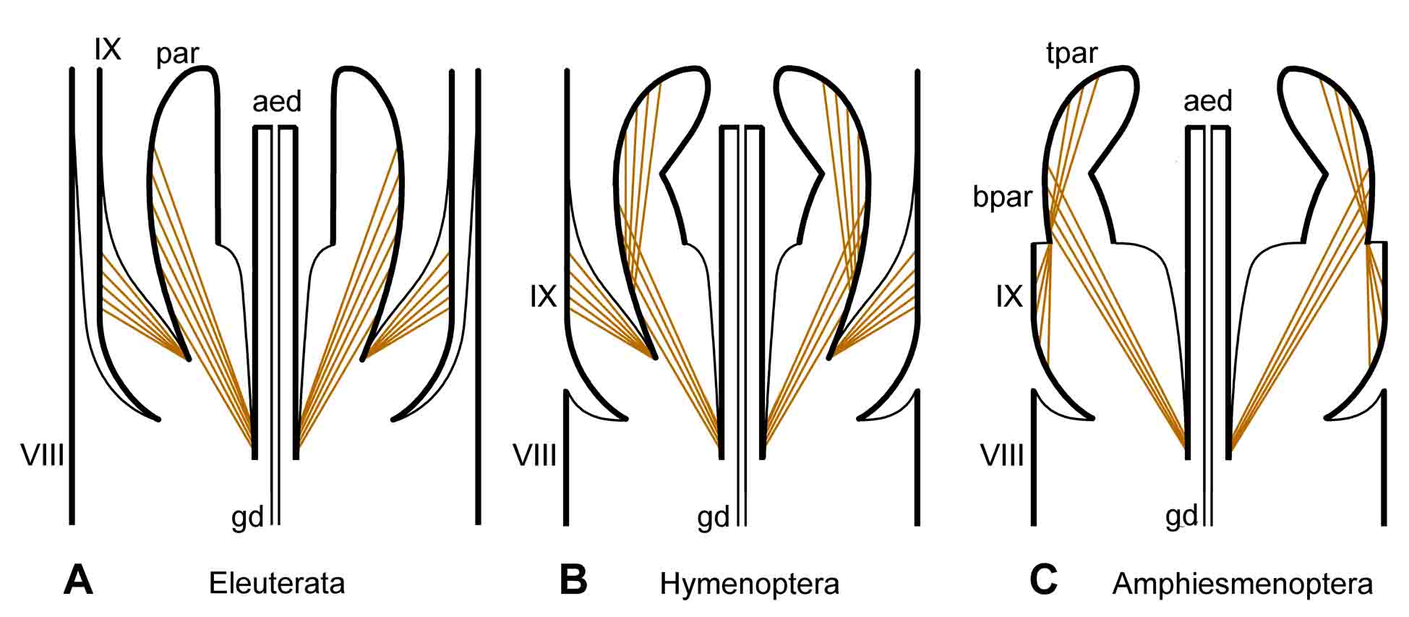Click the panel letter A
pos(78,580)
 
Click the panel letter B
pos(573,580)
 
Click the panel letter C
pos(1043,580)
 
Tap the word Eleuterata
pos(277,583)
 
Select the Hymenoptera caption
pos(749,583)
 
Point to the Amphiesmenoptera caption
pos(1242,583)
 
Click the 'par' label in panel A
pos(177,54)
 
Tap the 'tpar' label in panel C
pos(1071,53)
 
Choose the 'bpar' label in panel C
pos(1002,197)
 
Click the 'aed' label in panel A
pos(277,102)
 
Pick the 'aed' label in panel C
pos(1208,101)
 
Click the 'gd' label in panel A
pos(247,519)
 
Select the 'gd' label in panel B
pos(714,519)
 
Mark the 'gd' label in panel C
pos(1181,517)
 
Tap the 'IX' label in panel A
pos(107,50)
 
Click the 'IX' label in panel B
pos(543,297)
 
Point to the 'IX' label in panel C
pos(1009,297)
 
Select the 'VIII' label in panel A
pos(43,456)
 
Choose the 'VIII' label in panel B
pos(534,456)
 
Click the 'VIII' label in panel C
pos(1002,456)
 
